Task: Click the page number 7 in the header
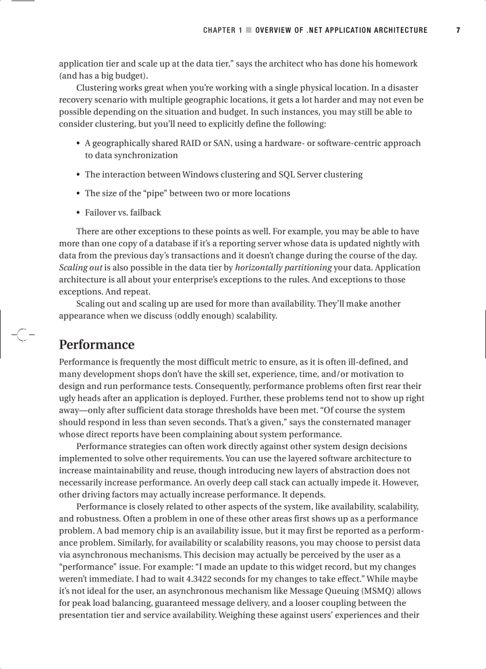[458, 30]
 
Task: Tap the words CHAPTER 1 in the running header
[223, 30]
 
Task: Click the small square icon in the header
[249, 30]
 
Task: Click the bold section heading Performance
[96, 345]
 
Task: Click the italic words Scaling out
[80, 267]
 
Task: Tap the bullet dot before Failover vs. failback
[79, 213]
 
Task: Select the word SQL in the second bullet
[287, 175]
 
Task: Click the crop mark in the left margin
[21, 335]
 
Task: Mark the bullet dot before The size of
[79, 194]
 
